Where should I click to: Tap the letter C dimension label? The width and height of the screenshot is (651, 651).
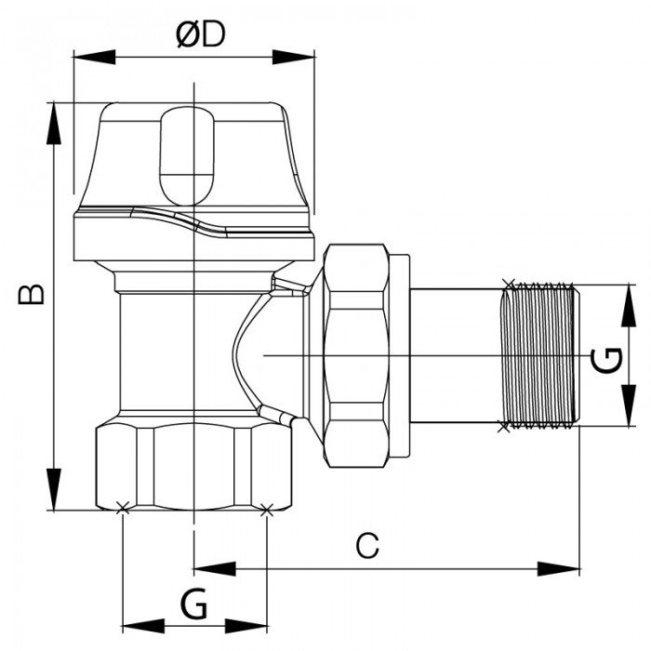click(369, 545)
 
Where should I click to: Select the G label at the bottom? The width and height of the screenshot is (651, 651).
click(193, 606)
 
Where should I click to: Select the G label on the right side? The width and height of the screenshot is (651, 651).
click(606, 358)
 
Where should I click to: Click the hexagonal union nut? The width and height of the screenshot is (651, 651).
click(358, 356)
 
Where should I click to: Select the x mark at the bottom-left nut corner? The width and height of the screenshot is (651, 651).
click(122, 508)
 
